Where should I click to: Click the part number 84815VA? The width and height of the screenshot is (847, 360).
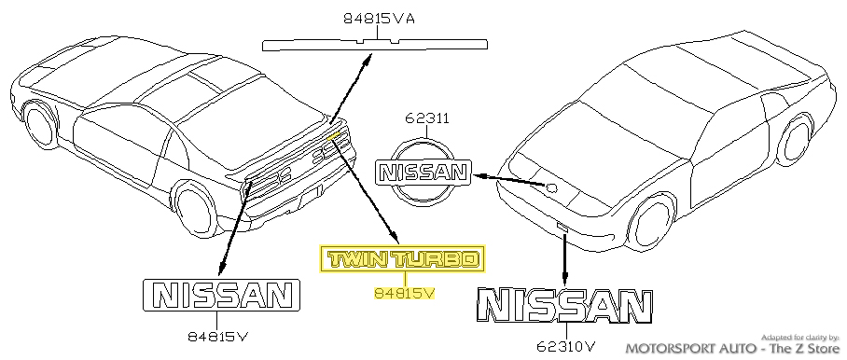379,16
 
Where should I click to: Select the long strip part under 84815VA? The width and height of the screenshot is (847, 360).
378,42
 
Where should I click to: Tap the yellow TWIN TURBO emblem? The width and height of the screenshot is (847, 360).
404,259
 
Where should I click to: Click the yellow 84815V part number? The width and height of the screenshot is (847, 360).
404,293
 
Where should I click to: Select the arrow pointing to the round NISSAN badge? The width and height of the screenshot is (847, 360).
508,180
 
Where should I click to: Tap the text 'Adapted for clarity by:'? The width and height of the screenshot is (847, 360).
801,336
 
